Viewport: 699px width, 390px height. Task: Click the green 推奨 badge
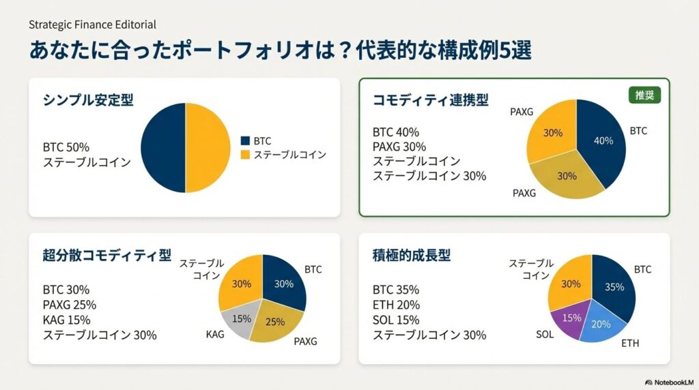(x=644, y=95)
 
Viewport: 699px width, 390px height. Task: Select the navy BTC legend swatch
(x=245, y=141)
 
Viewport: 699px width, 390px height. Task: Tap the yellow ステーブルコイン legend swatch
(x=245, y=155)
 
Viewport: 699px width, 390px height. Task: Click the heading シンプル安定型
(x=88, y=100)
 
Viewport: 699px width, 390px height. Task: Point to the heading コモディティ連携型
(x=430, y=100)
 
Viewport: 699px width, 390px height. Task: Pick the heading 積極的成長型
(x=412, y=256)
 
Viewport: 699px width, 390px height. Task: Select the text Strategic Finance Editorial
(x=92, y=25)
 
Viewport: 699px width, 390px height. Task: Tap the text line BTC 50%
(x=66, y=147)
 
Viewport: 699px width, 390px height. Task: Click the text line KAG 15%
(x=66, y=320)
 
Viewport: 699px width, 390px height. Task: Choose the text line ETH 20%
(x=396, y=305)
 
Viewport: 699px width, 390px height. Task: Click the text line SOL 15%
(x=396, y=320)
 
